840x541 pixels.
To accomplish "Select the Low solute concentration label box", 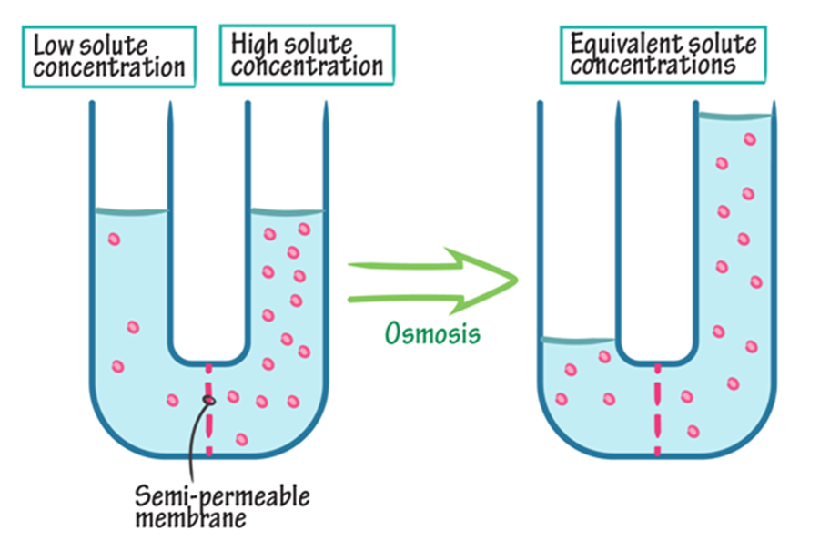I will point(109,54).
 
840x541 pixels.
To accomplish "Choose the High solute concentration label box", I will point(306,54).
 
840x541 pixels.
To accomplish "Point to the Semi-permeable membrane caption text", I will point(222,508).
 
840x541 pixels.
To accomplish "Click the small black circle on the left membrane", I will point(209,400).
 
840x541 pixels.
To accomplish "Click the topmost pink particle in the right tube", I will point(750,139).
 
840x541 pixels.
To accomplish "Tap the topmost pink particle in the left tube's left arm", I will point(114,240).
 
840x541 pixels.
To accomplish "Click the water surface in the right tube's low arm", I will point(578,341).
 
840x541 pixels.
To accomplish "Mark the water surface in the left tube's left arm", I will point(130,212).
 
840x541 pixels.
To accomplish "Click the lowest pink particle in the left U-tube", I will point(242,439).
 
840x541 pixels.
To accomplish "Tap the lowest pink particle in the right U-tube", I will point(693,431).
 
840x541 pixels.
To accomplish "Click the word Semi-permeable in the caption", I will point(222,497).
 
